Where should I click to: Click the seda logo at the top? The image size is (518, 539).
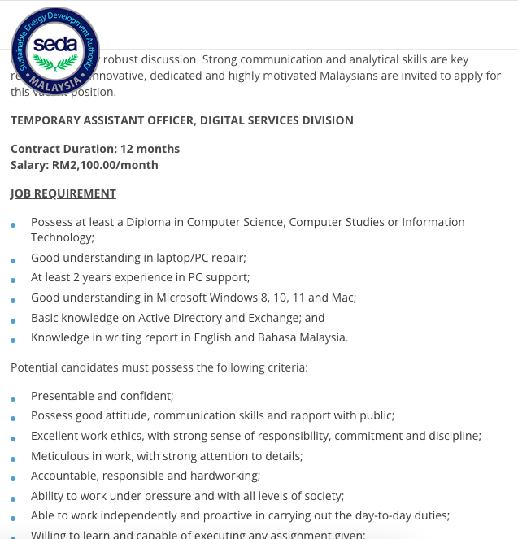point(54,51)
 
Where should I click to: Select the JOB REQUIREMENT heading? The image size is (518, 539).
point(63,193)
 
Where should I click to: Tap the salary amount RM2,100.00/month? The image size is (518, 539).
point(105,165)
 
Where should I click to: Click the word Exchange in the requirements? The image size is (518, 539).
point(277,318)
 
